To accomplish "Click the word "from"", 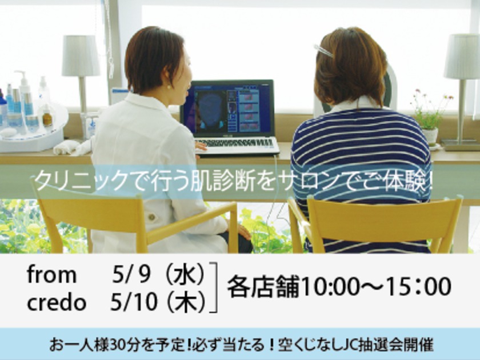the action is click(x=51, y=274).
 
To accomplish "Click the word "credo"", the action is click(x=57, y=303).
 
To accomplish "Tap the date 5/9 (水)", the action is click(x=158, y=275).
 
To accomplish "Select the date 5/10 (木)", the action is click(x=157, y=303).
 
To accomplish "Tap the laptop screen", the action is click(x=227, y=109).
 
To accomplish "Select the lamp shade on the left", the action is click(x=81, y=55).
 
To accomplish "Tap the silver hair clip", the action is click(x=323, y=51).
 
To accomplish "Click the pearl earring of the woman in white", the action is click(x=168, y=87).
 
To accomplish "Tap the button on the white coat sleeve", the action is click(x=151, y=217).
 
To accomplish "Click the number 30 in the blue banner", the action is click(x=117, y=345).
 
